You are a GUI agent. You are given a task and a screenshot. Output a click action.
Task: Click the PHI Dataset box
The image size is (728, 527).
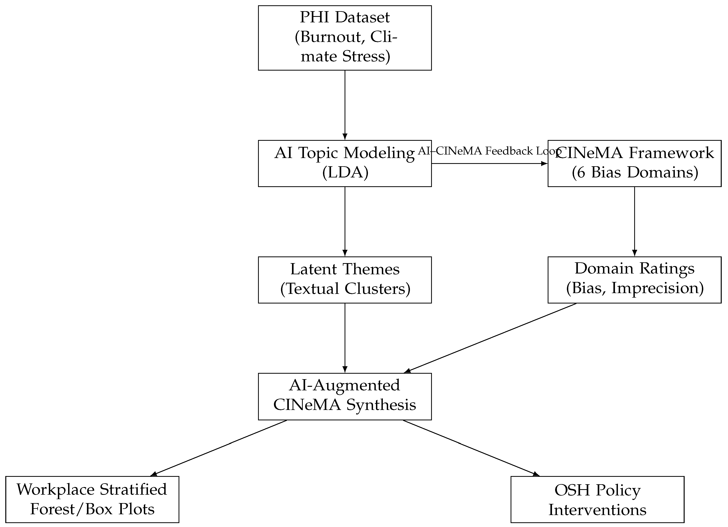click(345, 38)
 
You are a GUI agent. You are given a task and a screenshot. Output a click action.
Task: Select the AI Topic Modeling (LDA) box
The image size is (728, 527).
click(345, 163)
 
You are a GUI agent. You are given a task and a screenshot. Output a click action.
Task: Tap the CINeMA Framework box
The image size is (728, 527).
click(634, 163)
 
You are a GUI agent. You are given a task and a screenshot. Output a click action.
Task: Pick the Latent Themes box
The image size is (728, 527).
click(345, 280)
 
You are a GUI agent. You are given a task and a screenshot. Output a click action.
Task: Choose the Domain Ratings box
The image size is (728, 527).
click(634, 280)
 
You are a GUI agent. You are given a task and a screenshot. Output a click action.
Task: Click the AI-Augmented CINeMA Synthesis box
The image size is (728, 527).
click(345, 396)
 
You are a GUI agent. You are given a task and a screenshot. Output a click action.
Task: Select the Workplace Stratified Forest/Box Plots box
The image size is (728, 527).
click(92, 499)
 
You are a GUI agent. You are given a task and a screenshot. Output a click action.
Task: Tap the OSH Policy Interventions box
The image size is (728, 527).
click(597, 499)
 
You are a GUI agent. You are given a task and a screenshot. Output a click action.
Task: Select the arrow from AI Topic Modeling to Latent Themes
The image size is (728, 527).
click(345, 221)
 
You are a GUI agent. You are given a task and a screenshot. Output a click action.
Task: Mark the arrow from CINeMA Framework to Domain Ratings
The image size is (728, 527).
click(634, 221)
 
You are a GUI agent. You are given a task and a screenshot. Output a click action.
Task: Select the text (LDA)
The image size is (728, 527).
click(345, 173)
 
